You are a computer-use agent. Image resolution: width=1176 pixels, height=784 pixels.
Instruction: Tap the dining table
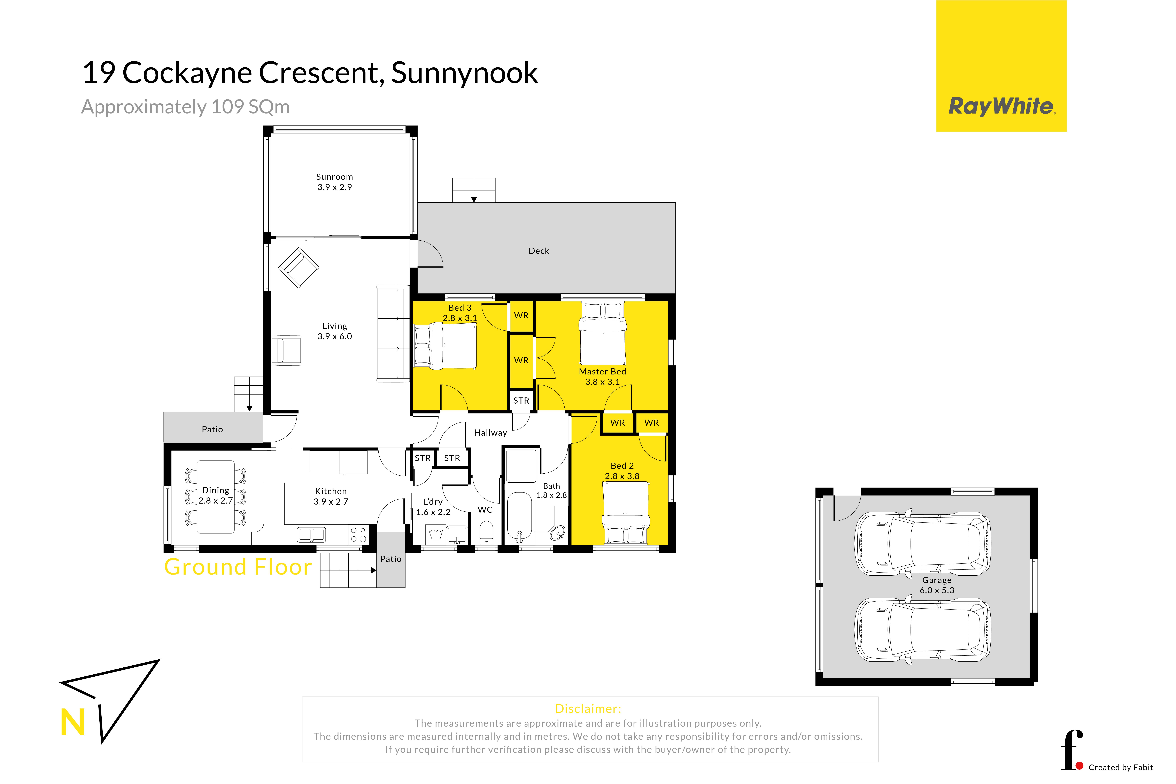(x=216, y=497)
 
